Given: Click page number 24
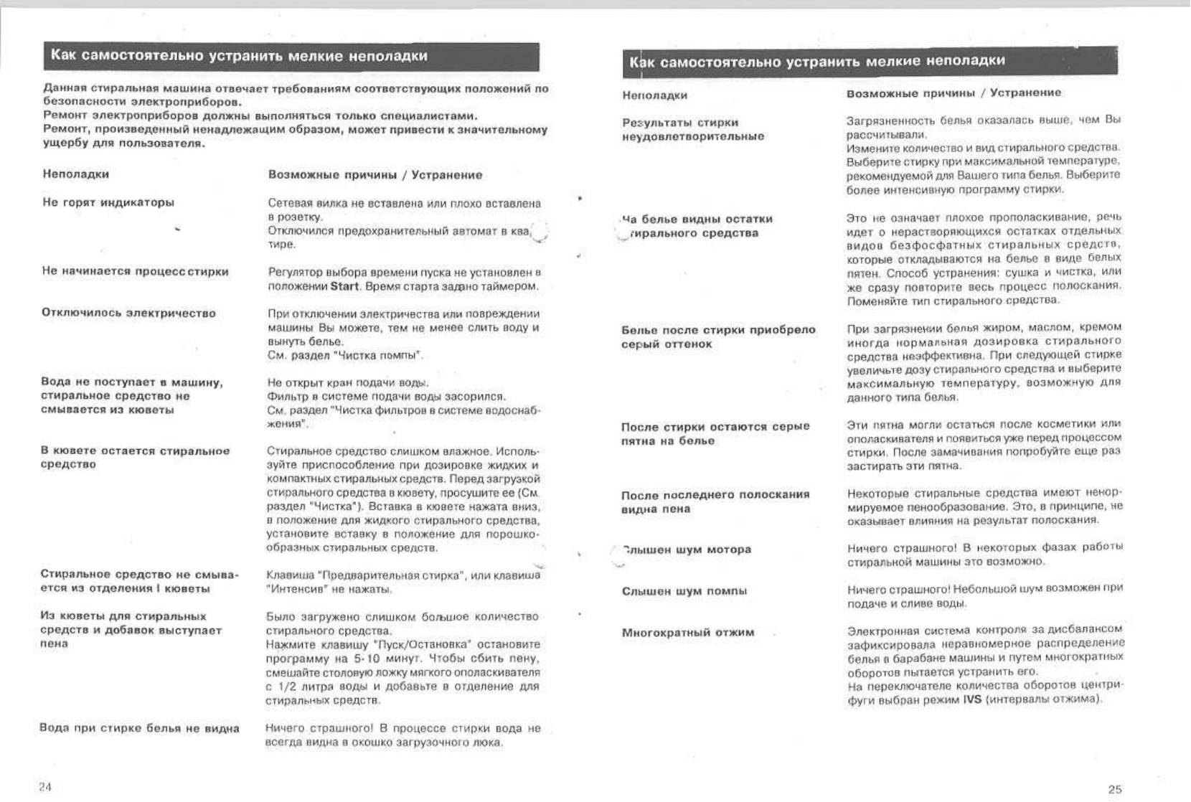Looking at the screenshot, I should pyautogui.click(x=45, y=787).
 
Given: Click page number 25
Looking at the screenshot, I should pyautogui.click(x=1114, y=789).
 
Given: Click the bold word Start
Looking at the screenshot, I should pyautogui.click(x=344, y=286).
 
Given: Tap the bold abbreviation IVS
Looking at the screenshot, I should pyautogui.click(x=972, y=699).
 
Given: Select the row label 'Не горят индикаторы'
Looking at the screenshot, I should pyautogui.click(x=108, y=202).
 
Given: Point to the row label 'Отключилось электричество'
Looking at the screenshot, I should pyautogui.click(x=128, y=313).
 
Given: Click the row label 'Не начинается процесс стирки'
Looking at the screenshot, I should pyautogui.click(x=135, y=271).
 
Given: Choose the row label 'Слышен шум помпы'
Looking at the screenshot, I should pyautogui.click(x=684, y=591).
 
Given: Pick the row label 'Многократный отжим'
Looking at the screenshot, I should pyautogui.click(x=687, y=633).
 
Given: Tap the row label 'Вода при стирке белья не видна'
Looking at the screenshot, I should pyautogui.click(x=139, y=728).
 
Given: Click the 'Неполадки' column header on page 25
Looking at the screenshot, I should pyautogui.click(x=654, y=95).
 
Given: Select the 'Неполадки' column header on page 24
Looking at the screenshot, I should pyautogui.click(x=75, y=174).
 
